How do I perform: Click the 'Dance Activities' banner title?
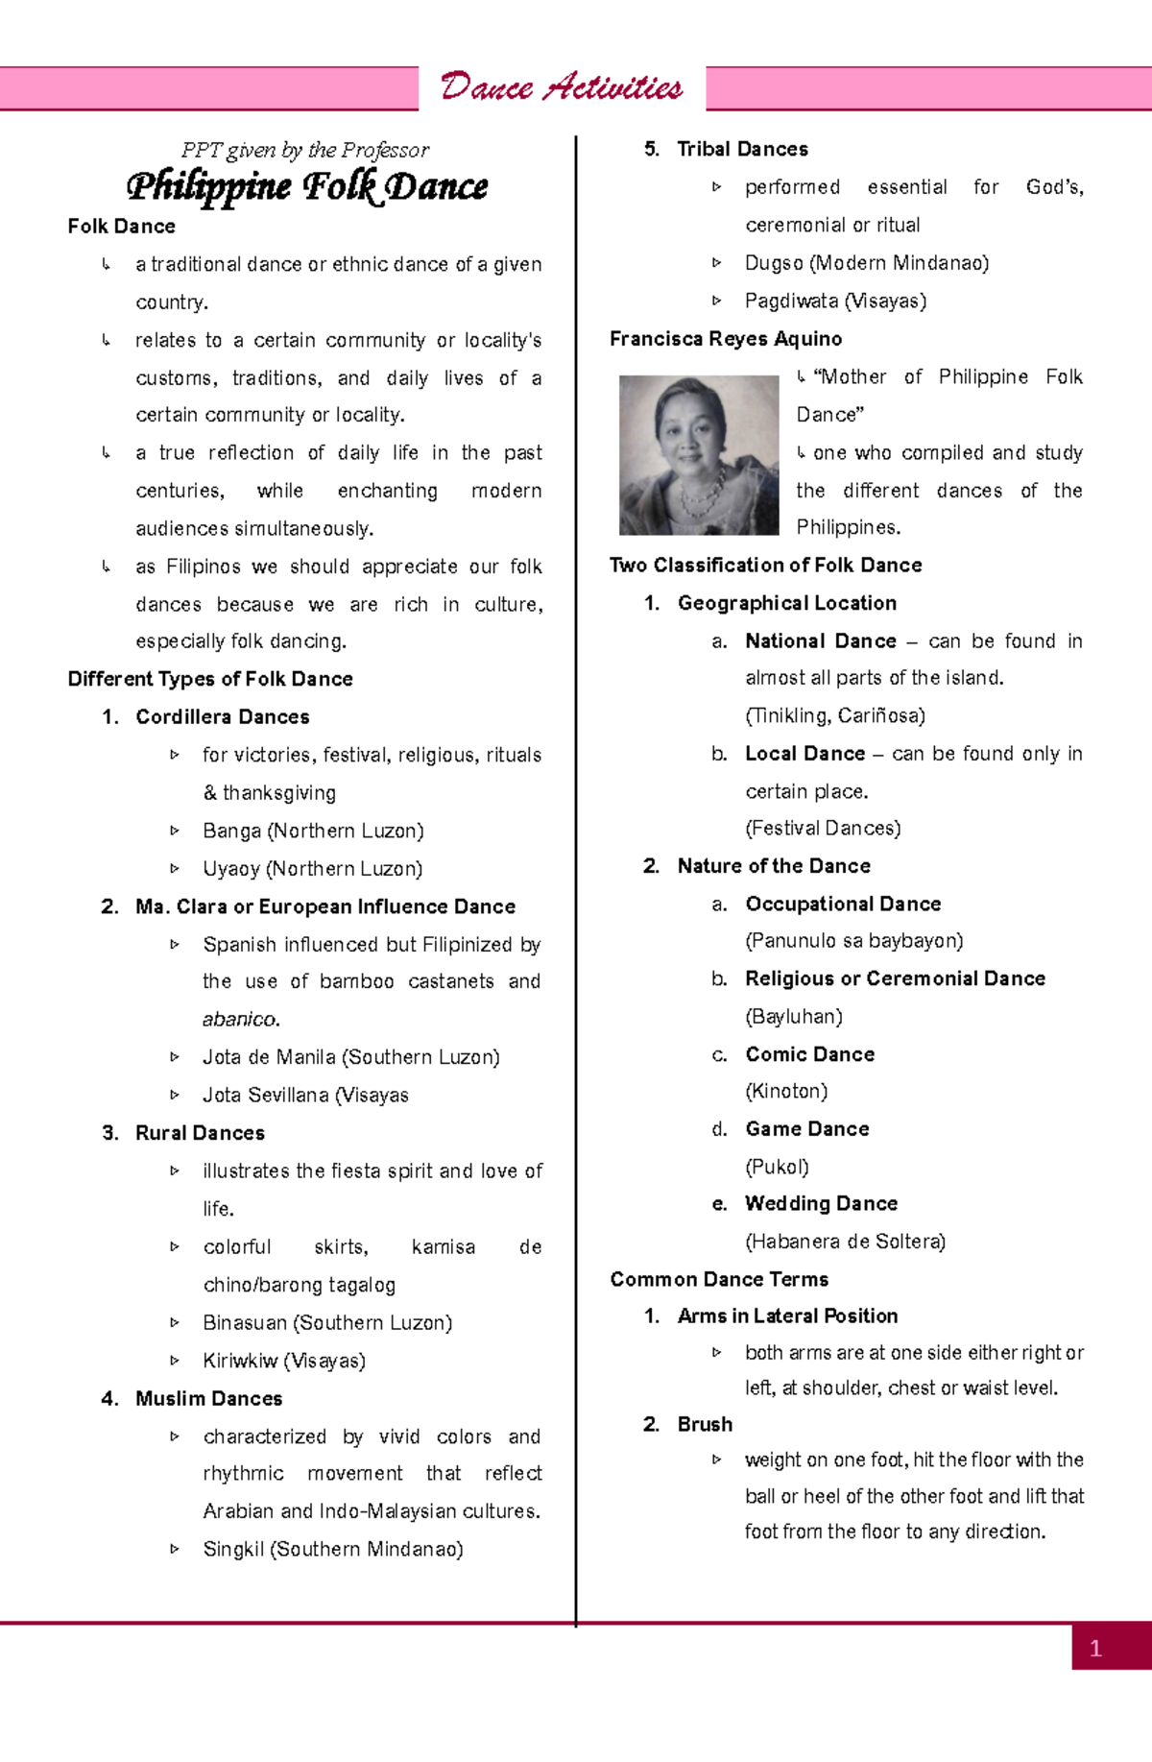coord(562,88)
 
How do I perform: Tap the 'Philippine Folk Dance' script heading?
coord(307,186)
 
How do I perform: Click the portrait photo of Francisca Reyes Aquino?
coord(698,455)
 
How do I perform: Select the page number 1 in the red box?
coord(1096,1649)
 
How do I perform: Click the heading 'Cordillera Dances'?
coord(222,717)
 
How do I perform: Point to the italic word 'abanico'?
coord(240,1020)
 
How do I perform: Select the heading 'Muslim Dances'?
coord(208,1399)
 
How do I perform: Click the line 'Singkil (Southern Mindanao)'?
coord(333,1550)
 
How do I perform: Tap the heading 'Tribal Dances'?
coord(742,150)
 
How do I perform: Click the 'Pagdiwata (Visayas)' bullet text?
coord(835,302)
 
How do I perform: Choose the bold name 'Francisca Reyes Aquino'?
coord(726,339)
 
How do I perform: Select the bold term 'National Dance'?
coord(821,641)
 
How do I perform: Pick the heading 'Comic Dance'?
coord(809,1055)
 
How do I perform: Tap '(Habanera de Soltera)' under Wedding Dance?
coord(845,1243)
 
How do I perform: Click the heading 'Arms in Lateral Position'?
coord(787,1316)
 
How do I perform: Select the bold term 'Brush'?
coord(705,1425)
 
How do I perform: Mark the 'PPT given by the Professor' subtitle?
coord(305,151)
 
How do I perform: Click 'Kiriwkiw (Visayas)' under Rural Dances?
coord(284,1362)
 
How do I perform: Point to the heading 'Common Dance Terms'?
coord(719,1280)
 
